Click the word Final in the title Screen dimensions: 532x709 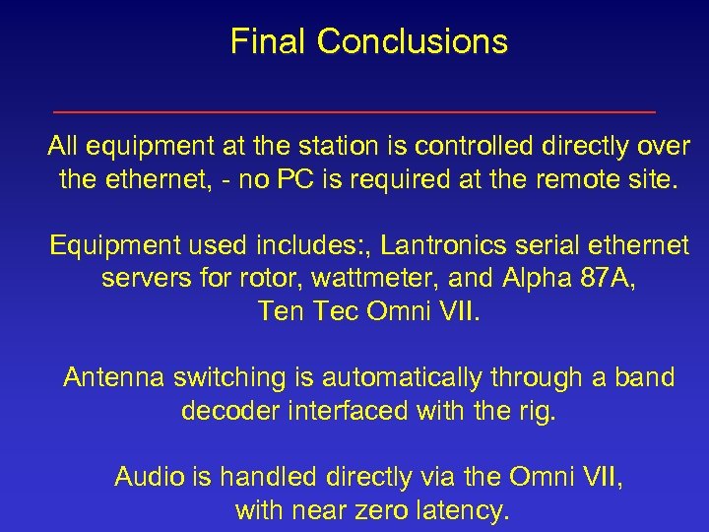269,41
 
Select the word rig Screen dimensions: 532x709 537,411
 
